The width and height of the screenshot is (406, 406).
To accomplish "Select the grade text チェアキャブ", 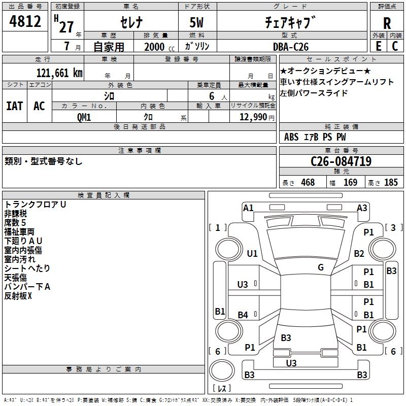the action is [x=290, y=23].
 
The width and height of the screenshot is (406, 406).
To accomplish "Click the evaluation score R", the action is [x=387, y=24].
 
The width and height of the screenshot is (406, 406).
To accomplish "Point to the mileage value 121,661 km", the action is [x=59, y=73].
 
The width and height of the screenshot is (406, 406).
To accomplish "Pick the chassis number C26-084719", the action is [x=341, y=161].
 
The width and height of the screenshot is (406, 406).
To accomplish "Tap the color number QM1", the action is [x=84, y=116].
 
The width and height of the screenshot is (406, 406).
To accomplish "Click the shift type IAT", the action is [x=15, y=106].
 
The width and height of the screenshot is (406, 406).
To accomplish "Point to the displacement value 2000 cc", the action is [x=158, y=46].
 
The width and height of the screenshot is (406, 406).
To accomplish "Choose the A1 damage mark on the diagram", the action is [x=248, y=208].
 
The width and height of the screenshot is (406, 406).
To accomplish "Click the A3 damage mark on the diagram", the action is [x=362, y=208].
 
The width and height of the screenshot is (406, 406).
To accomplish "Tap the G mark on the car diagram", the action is [x=320, y=267].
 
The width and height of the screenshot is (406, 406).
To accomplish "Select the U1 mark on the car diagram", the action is [x=252, y=253].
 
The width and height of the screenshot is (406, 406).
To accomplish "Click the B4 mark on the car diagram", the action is [x=243, y=315].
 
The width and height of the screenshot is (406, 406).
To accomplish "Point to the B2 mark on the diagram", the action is [x=359, y=253].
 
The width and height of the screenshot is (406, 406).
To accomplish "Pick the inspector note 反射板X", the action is [x=18, y=296].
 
